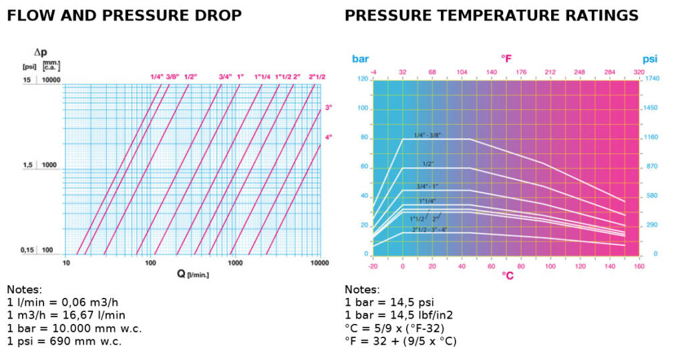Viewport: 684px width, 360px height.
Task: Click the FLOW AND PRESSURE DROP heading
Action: [x=124, y=15]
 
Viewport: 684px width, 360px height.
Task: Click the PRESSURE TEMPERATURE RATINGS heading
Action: [x=492, y=15]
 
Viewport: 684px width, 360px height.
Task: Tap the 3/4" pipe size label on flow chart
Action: [x=225, y=77]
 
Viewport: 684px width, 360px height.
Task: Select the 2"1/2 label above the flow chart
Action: [x=317, y=77]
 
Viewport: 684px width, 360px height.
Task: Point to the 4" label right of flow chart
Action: [x=328, y=137]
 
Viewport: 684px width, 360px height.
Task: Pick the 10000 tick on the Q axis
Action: [x=320, y=263]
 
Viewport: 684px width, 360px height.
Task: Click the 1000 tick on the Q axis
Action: [x=235, y=263]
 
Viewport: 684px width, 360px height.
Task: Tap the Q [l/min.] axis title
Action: [x=192, y=273]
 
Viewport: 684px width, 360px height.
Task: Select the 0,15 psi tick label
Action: [x=27, y=250]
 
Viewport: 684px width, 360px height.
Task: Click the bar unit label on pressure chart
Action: [x=360, y=59]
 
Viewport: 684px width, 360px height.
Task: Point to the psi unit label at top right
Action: [x=651, y=59]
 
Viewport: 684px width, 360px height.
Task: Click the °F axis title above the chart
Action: [x=506, y=59]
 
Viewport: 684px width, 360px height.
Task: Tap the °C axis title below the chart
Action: [x=507, y=275]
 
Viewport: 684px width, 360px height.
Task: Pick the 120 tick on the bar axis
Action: [x=363, y=79]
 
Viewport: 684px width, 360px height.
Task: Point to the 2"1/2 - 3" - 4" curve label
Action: [x=429, y=229]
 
